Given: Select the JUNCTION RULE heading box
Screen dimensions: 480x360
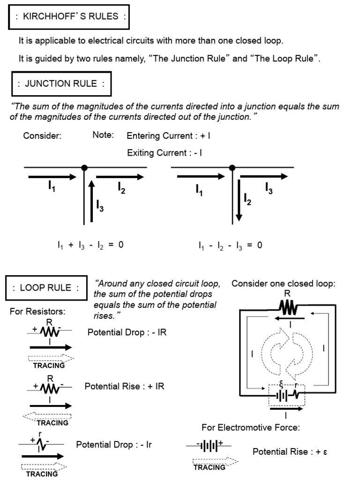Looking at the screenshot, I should [61, 84].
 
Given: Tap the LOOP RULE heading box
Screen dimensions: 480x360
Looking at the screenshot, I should [46, 287].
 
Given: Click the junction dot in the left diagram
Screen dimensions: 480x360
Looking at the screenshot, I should [84, 167].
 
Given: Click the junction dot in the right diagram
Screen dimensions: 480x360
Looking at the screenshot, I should [231, 167].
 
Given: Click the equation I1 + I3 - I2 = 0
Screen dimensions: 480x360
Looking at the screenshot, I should [89, 245].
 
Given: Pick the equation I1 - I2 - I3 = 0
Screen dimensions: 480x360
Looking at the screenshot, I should [230, 245].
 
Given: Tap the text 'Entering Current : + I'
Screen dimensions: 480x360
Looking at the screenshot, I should [168, 136].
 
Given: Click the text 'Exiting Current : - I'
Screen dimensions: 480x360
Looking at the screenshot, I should [165, 153].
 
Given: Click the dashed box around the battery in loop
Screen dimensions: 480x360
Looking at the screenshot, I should [286, 395].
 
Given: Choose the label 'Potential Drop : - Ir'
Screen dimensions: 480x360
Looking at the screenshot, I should [114, 444].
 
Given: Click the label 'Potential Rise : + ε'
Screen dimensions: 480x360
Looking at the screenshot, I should [290, 452].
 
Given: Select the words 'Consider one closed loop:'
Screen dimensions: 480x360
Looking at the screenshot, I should [284, 284].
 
